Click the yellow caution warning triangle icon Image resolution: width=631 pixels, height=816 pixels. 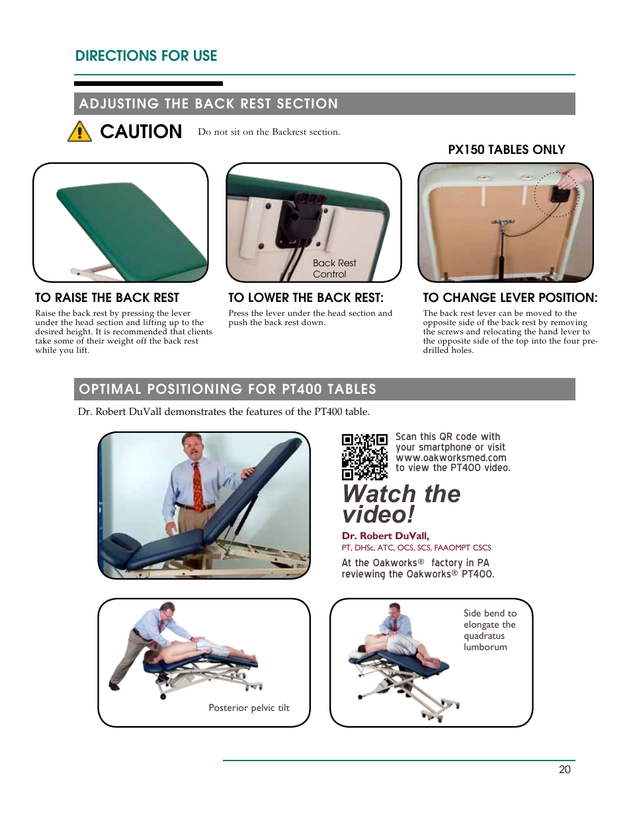coord(79,131)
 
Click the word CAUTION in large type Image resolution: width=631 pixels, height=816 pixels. coord(141,131)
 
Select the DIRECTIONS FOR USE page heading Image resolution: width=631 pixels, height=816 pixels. coord(146,56)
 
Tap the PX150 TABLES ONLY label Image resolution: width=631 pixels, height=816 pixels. coord(506,150)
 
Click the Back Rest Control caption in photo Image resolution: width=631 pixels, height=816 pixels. coord(334,268)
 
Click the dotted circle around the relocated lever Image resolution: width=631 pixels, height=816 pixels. coord(556,195)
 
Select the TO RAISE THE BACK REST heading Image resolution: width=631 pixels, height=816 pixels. coord(107,298)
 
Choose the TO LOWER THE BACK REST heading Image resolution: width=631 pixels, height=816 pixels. coord(306,298)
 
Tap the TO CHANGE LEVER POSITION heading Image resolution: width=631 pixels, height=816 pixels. coord(510,298)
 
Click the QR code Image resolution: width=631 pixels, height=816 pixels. coord(364,457)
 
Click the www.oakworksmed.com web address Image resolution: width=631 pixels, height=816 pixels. coord(451,458)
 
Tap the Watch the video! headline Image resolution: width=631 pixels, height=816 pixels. coord(401,504)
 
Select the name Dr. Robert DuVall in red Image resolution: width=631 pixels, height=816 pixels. coord(385,536)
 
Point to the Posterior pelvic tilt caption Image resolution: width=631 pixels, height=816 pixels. coord(249,708)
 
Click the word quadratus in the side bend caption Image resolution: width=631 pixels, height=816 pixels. coord(484,636)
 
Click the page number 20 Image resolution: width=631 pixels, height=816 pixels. coord(564,769)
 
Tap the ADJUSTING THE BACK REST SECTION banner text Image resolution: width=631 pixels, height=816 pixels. coord(208,104)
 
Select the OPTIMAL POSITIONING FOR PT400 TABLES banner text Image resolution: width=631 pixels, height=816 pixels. coord(228,389)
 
